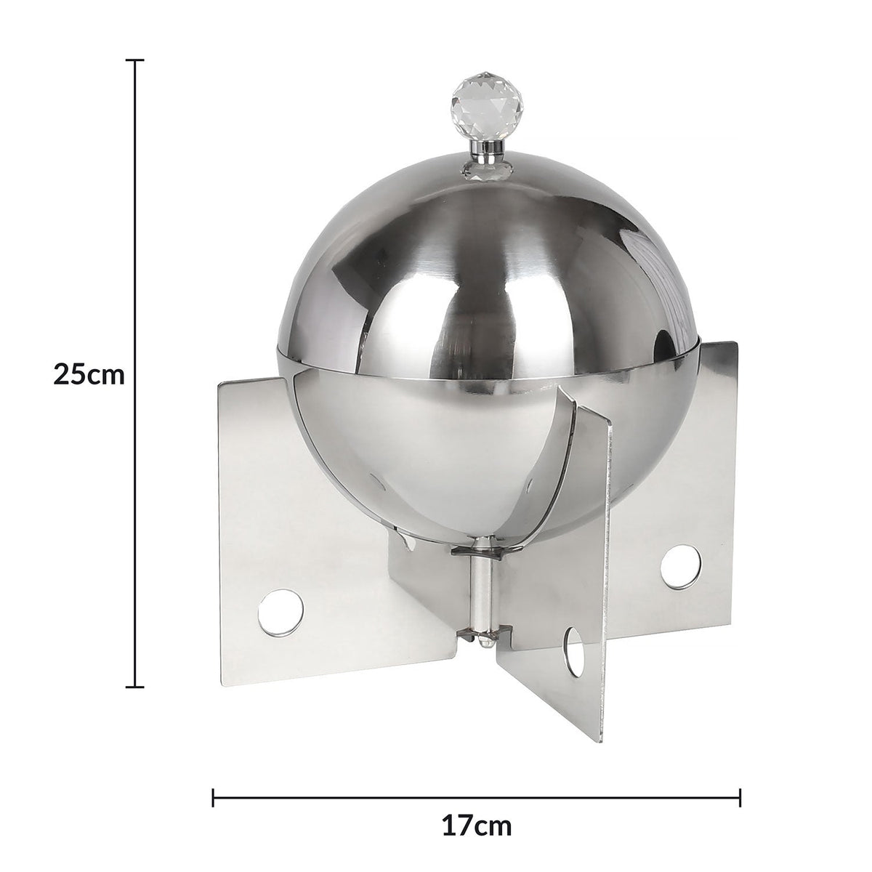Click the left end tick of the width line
213,777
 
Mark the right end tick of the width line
740,777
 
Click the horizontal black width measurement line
363,777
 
